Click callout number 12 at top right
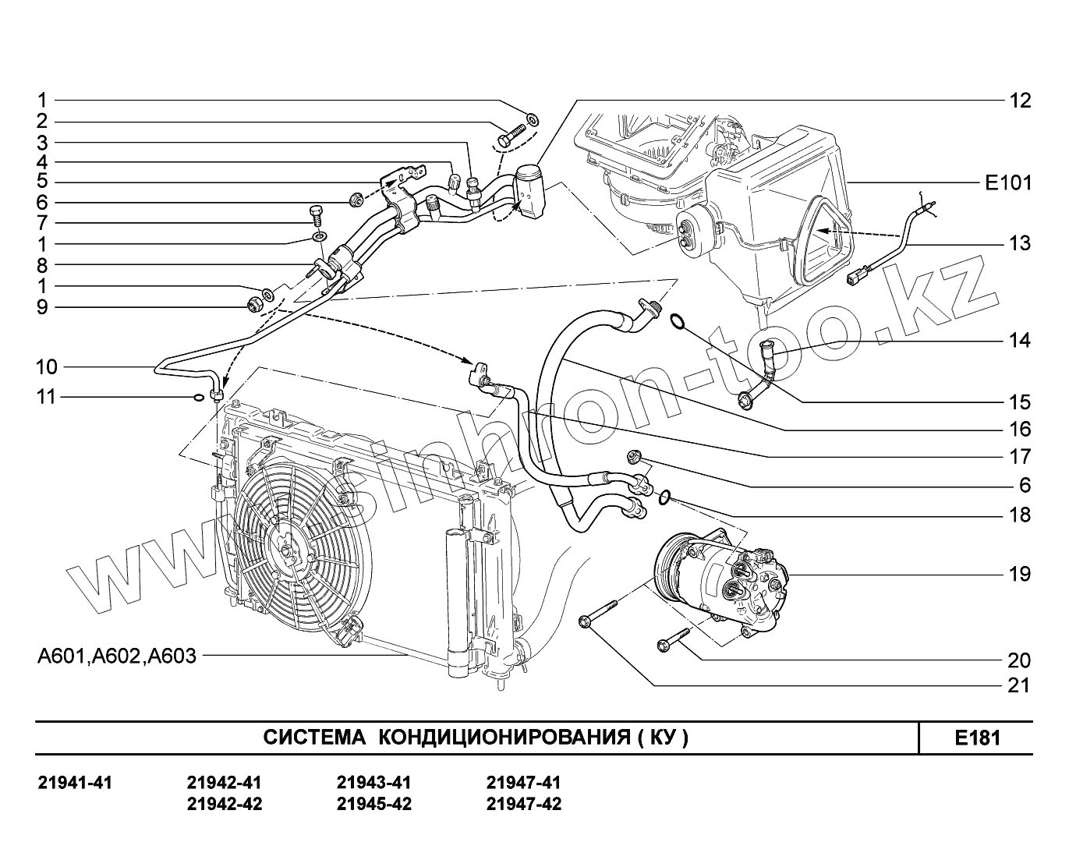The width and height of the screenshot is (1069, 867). tap(1019, 101)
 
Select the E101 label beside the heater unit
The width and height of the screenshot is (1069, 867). tap(1007, 183)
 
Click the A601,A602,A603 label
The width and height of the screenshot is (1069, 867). tap(117, 656)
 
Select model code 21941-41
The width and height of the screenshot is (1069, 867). tap(75, 783)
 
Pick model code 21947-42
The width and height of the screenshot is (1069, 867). tap(523, 804)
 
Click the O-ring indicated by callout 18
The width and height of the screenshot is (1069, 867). tap(664, 496)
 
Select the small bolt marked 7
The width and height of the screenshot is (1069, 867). tap(316, 213)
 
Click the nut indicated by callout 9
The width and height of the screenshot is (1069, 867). tap(253, 304)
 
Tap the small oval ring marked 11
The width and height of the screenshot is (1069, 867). tap(199, 398)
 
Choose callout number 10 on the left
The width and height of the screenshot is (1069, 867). tap(47, 367)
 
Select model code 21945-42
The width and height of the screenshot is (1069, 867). tap(373, 804)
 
